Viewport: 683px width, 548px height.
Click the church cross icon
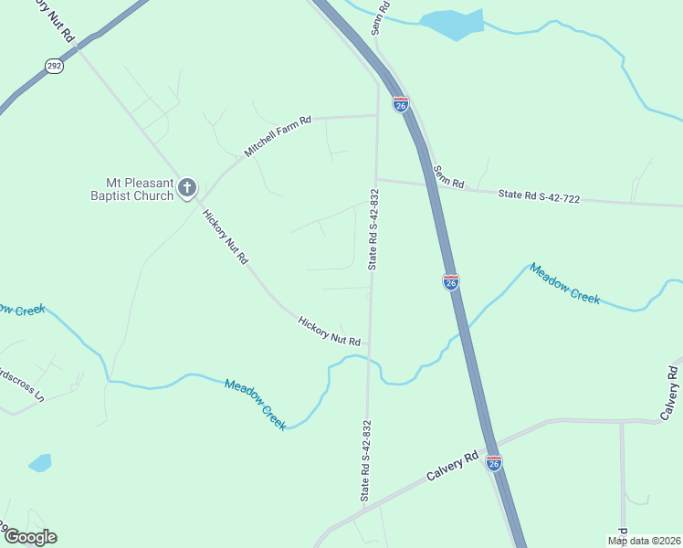[x=187, y=188]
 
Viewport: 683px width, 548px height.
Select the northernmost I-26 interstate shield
[x=401, y=104]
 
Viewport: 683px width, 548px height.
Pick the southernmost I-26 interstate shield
[x=493, y=463]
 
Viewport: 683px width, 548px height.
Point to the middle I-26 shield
[x=451, y=282]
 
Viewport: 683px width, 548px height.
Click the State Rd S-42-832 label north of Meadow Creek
[x=373, y=229]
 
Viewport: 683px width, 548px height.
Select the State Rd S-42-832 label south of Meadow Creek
[x=366, y=460]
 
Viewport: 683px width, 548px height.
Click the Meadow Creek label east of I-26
[x=564, y=283]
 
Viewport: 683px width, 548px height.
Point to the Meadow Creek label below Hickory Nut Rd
[x=256, y=405]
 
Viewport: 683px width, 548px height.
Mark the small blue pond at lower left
[x=40, y=462]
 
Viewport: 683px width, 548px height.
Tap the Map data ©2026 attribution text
[x=643, y=541]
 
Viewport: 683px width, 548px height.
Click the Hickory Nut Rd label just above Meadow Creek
[x=329, y=330]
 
